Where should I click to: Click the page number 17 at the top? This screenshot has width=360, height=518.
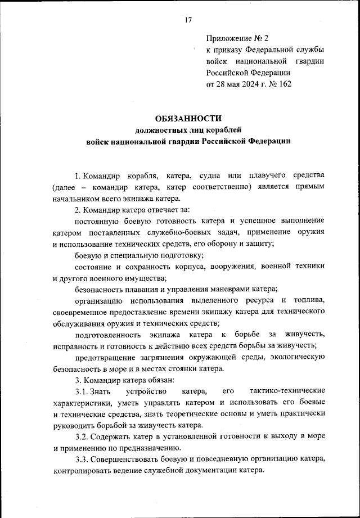188,20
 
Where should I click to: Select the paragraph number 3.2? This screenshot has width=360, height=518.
84,436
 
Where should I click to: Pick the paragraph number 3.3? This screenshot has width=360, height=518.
84,459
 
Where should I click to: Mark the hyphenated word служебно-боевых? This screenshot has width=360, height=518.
201,233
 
